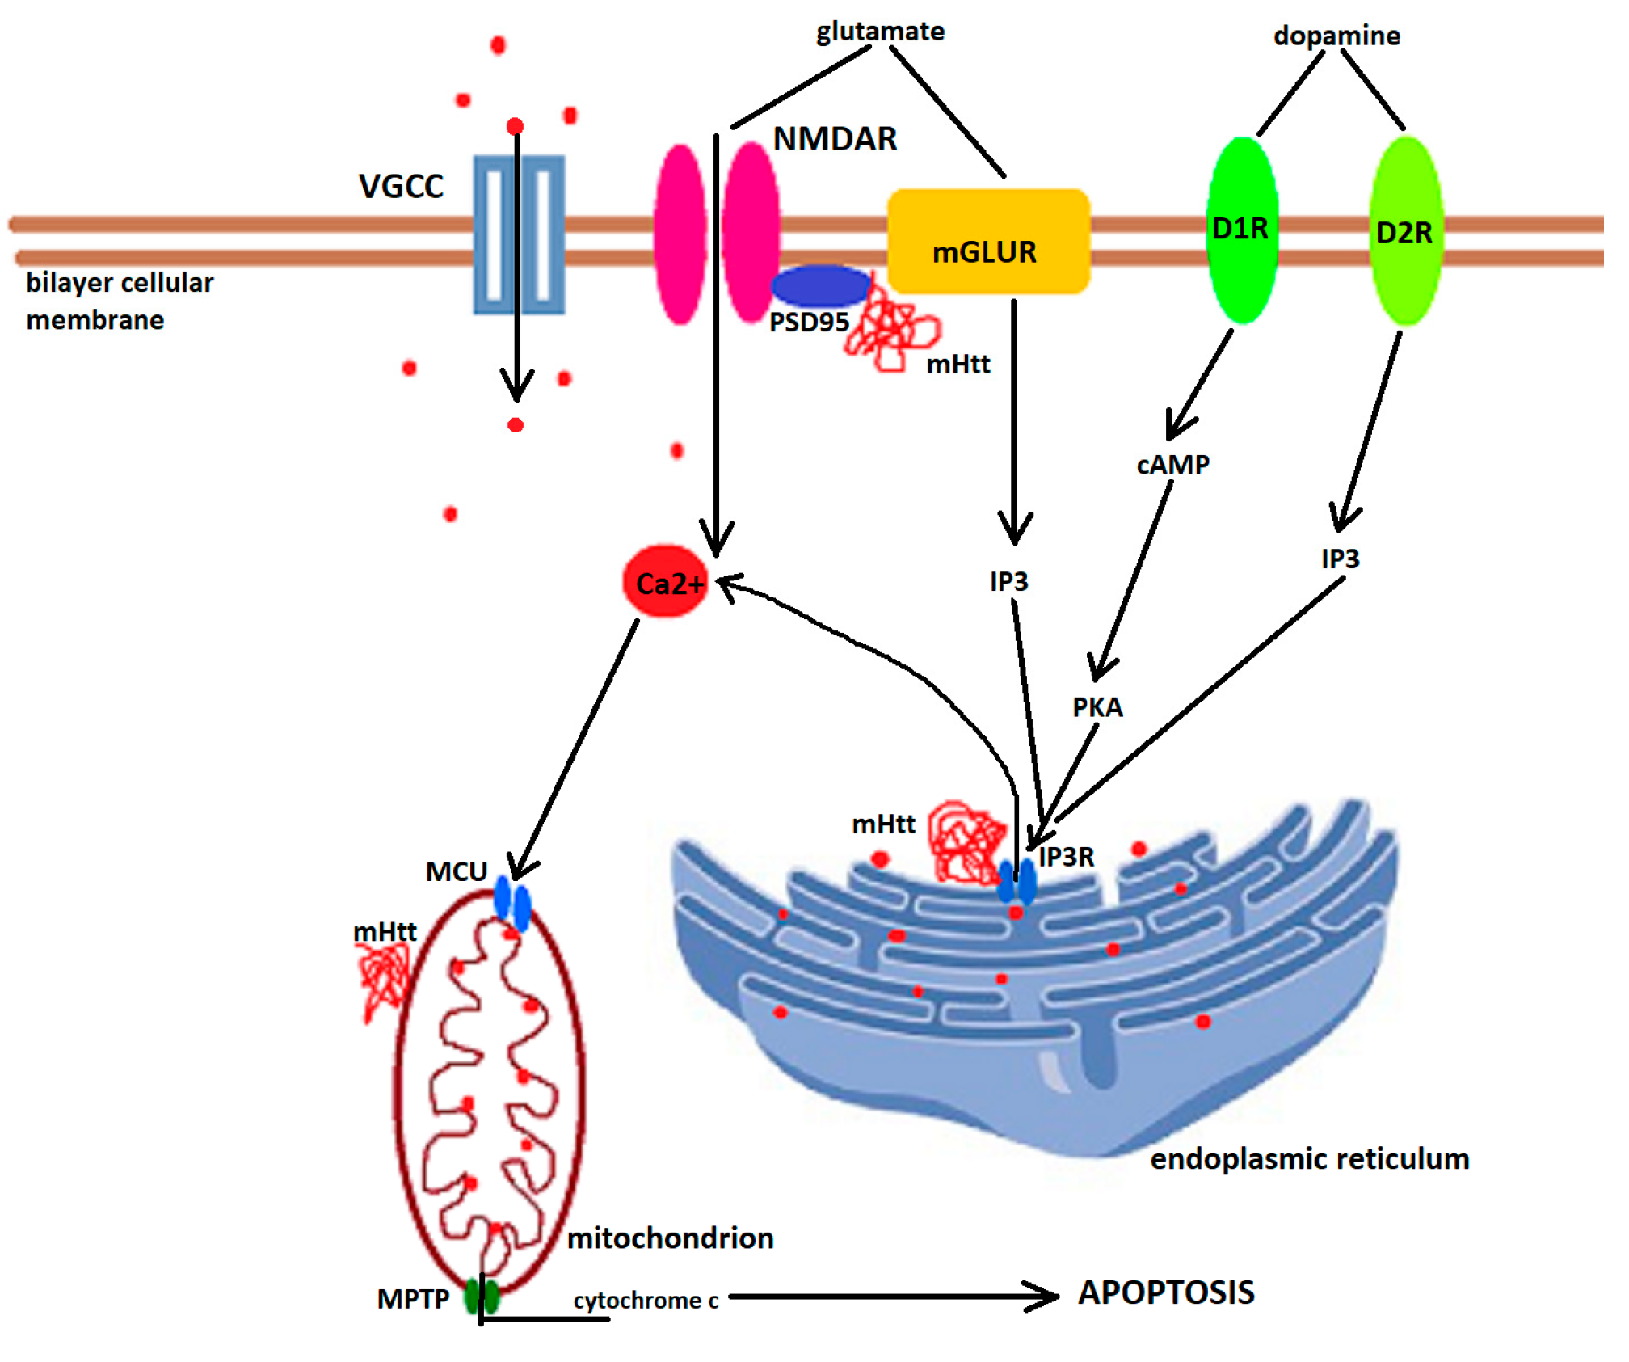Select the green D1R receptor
click(x=1243, y=230)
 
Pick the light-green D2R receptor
click(x=1407, y=231)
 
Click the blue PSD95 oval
click(x=821, y=285)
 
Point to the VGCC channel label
click(x=401, y=187)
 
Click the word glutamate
click(x=880, y=32)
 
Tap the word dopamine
click(x=1337, y=36)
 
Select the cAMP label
click(x=1173, y=465)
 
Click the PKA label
click(x=1097, y=707)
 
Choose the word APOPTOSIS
click(x=1166, y=1292)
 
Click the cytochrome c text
click(x=646, y=1301)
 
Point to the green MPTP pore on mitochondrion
click(x=482, y=1297)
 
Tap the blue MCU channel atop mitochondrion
click(x=512, y=903)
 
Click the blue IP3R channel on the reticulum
click(x=1017, y=881)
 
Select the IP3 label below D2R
click(x=1341, y=559)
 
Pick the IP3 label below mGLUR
click(x=1009, y=581)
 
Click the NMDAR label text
click(x=835, y=139)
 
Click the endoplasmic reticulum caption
click(x=1309, y=1159)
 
